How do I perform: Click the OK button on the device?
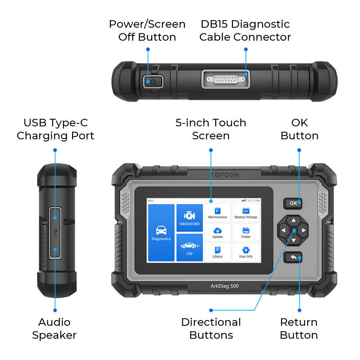[293, 203]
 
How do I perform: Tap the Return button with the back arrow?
[293, 257]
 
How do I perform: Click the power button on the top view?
[153, 81]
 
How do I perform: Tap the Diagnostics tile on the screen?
[161, 233]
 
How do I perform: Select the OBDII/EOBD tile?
[189, 218]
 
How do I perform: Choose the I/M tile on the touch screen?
[189, 247]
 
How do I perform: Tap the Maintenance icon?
[217, 213]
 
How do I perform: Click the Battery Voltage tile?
[246, 213]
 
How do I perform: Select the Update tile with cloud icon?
[217, 233]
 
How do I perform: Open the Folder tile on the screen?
[246, 233]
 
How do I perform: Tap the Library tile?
[217, 252]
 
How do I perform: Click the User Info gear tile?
[246, 252]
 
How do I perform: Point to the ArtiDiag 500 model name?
[224, 286]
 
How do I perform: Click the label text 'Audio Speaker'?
[54, 329]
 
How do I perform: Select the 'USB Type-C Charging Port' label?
[55, 129]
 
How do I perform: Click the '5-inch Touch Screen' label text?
[211, 129]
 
